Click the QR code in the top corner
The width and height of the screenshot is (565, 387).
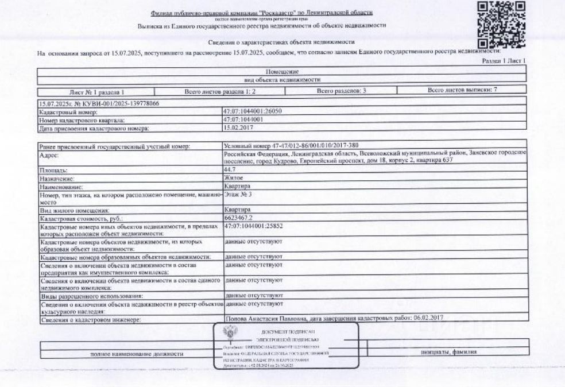tap(502, 23)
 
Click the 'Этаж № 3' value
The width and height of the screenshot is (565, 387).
tap(238, 195)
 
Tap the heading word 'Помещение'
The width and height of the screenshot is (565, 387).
tap(282, 72)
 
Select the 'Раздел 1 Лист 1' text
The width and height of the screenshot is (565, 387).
tap(506, 61)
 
